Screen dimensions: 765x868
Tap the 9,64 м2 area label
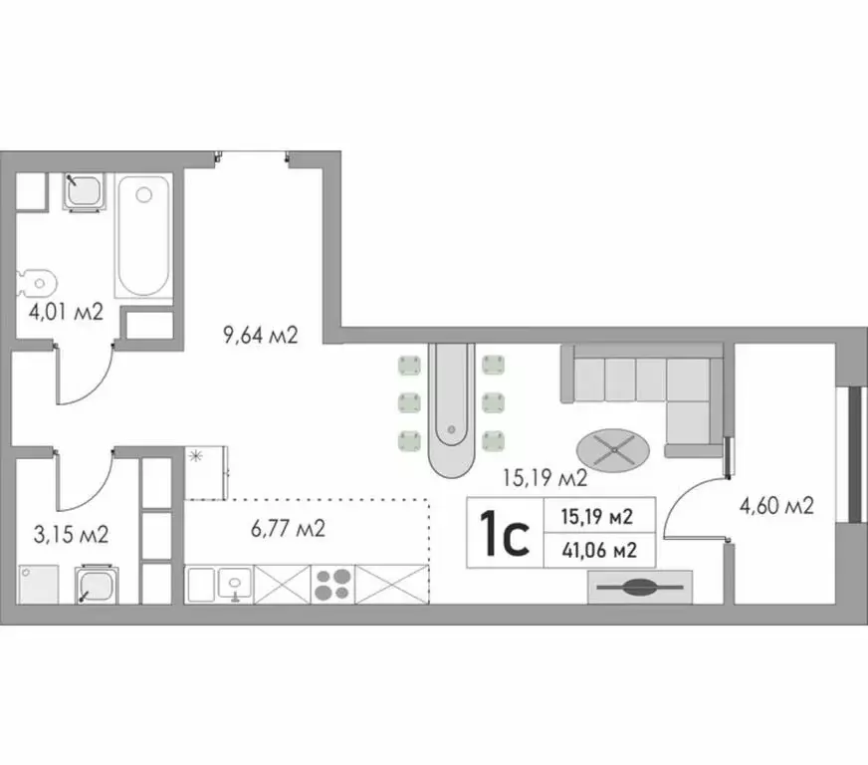click(x=260, y=335)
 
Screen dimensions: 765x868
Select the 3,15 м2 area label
click(x=71, y=535)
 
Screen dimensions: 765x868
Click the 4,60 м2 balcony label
click(x=776, y=506)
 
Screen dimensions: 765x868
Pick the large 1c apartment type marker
click(x=504, y=533)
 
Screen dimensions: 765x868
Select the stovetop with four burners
click(x=333, y=584)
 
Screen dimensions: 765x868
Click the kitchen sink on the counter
click(x=234, y=584)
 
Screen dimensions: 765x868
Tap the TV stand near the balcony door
click(x=639, y=588)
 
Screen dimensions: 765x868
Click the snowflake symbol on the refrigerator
click(x=195, y=456)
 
